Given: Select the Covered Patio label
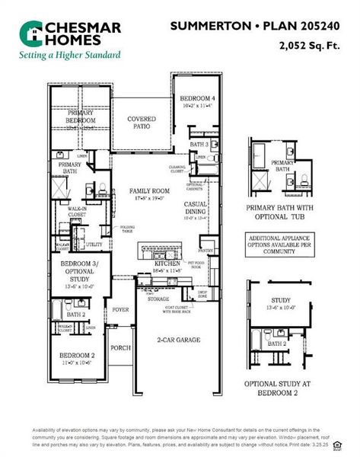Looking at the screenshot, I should click(x=142, y=123).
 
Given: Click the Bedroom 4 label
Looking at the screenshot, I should click(x=197, y=99).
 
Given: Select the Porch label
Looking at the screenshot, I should click(x=120, y=347).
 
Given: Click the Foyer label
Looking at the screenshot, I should click(x=120, y=310).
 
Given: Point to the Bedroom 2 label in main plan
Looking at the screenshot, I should click(x=77, y=356).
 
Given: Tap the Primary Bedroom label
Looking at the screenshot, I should click(x=81, y=117).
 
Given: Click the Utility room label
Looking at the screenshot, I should click(x=94, y=244).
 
